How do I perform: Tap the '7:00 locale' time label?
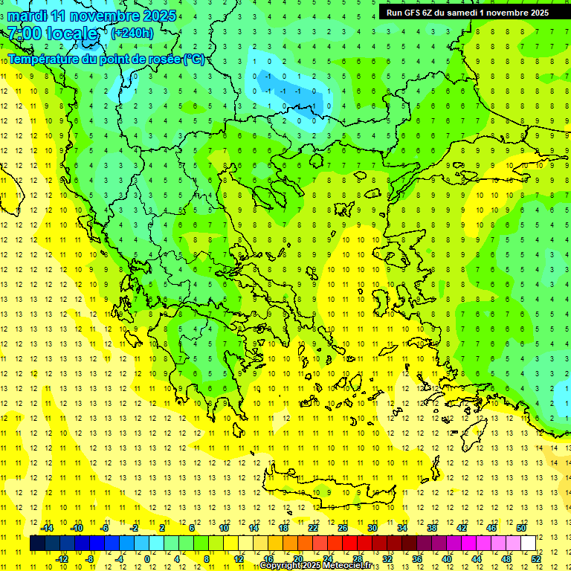53,33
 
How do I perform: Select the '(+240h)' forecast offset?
132,33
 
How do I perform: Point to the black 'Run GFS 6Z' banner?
468,12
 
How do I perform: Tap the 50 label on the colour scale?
520,527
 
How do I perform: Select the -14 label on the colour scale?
46,527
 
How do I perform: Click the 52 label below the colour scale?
536,559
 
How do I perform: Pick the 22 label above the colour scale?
313,527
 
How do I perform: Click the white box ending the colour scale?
528,543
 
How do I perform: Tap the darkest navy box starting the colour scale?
38,543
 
